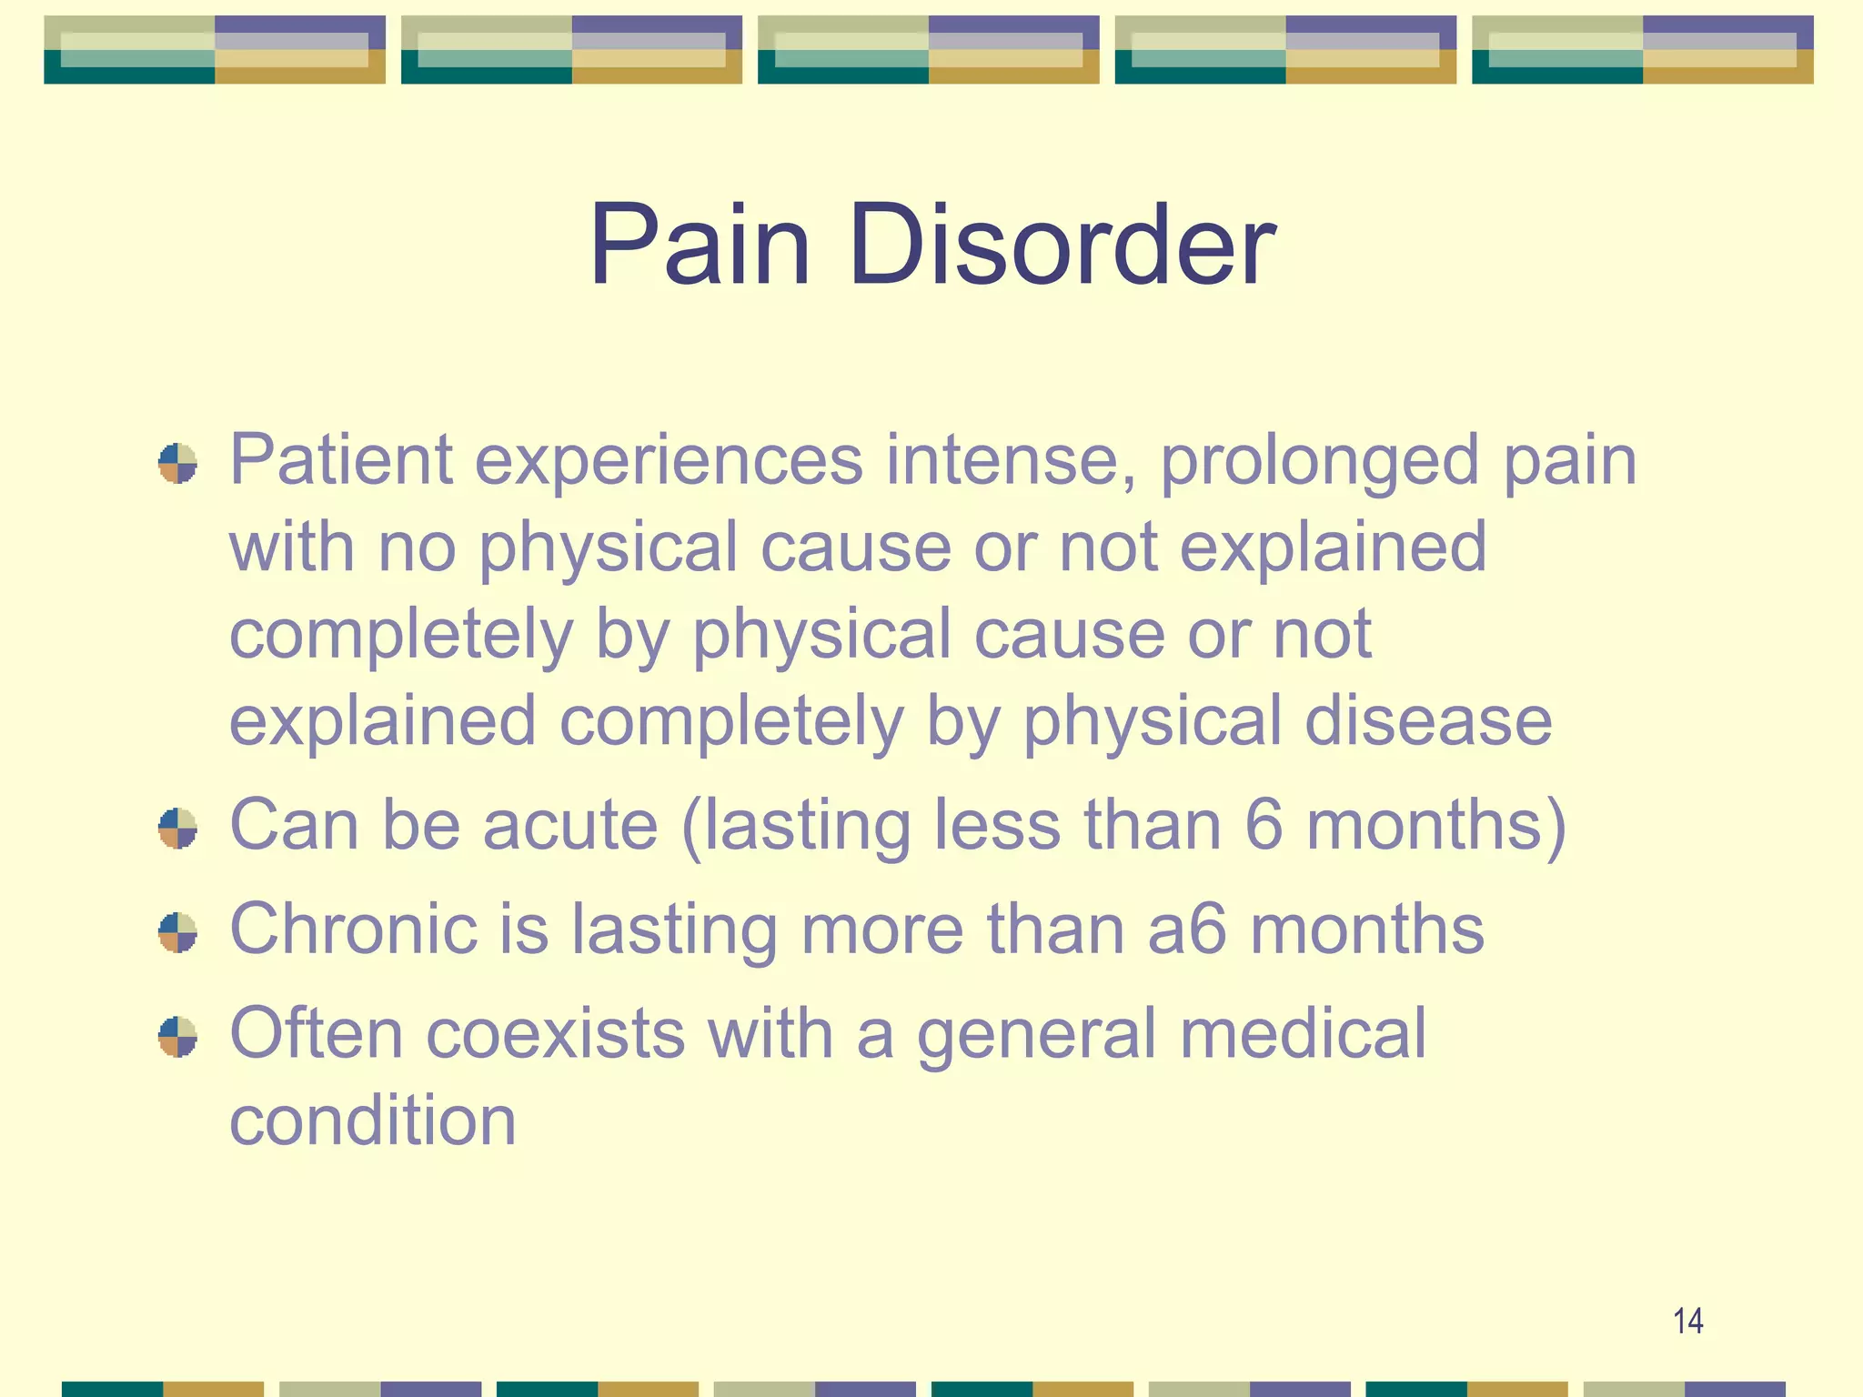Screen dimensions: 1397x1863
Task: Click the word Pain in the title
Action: [699, 246]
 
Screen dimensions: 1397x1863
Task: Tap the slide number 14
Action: [1687, 1321]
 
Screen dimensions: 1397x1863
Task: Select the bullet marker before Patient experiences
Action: [177, 464]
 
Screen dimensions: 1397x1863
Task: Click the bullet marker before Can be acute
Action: [177, 828]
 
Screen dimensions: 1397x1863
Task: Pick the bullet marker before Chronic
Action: [177, 932]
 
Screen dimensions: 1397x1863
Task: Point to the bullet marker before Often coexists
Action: [177, 1037]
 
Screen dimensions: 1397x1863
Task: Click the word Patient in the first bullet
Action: [340, 460]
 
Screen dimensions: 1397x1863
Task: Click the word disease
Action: [1428, 720]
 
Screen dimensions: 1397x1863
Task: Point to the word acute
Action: [569, 826]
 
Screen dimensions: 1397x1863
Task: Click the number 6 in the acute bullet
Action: [1264, 824]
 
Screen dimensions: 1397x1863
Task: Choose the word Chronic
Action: [353, 930]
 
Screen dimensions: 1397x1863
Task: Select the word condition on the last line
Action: [372, 1121]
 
